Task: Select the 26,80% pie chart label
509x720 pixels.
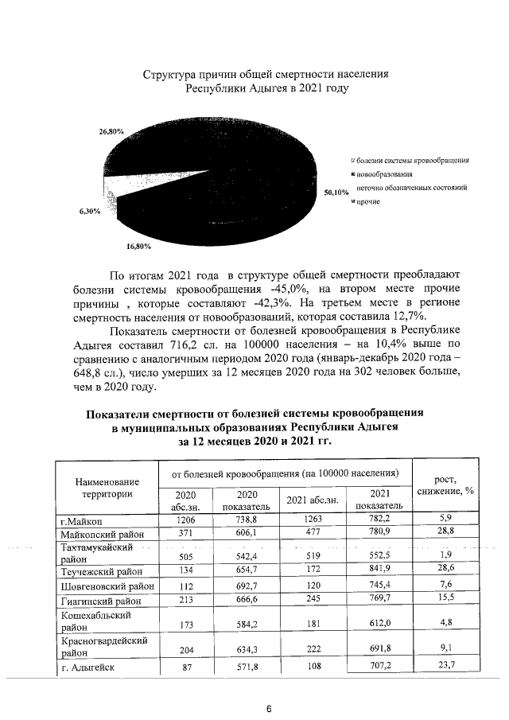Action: pyautogui.click(x=111, y=130)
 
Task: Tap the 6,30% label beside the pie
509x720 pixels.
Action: pyautogui.click(x=89, y=212)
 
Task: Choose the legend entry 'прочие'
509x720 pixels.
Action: pyautogui.click(x=367, y=202)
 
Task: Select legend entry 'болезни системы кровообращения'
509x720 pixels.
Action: pyautogui.click(x=412, y=160)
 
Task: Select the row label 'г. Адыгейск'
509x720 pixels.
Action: pyautogui.click(x=88, y=667)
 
